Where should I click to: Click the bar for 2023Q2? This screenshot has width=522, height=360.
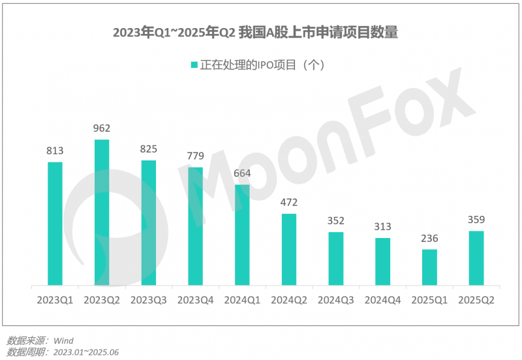102,213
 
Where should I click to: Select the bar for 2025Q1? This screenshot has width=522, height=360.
429,267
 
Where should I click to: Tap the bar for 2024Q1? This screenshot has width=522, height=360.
242,235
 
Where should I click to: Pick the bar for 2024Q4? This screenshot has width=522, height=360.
382,262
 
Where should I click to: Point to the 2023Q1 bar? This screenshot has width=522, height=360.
55,224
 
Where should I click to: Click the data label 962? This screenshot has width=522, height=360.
102,128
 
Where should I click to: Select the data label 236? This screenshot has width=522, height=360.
429,239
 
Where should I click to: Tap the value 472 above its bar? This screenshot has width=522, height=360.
289,203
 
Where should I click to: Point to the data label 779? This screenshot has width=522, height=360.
195,156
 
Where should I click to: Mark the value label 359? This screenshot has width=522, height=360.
476,220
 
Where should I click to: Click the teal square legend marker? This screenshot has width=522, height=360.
194,65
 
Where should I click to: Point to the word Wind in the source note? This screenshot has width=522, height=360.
63,340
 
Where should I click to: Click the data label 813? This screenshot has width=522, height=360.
55,151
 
